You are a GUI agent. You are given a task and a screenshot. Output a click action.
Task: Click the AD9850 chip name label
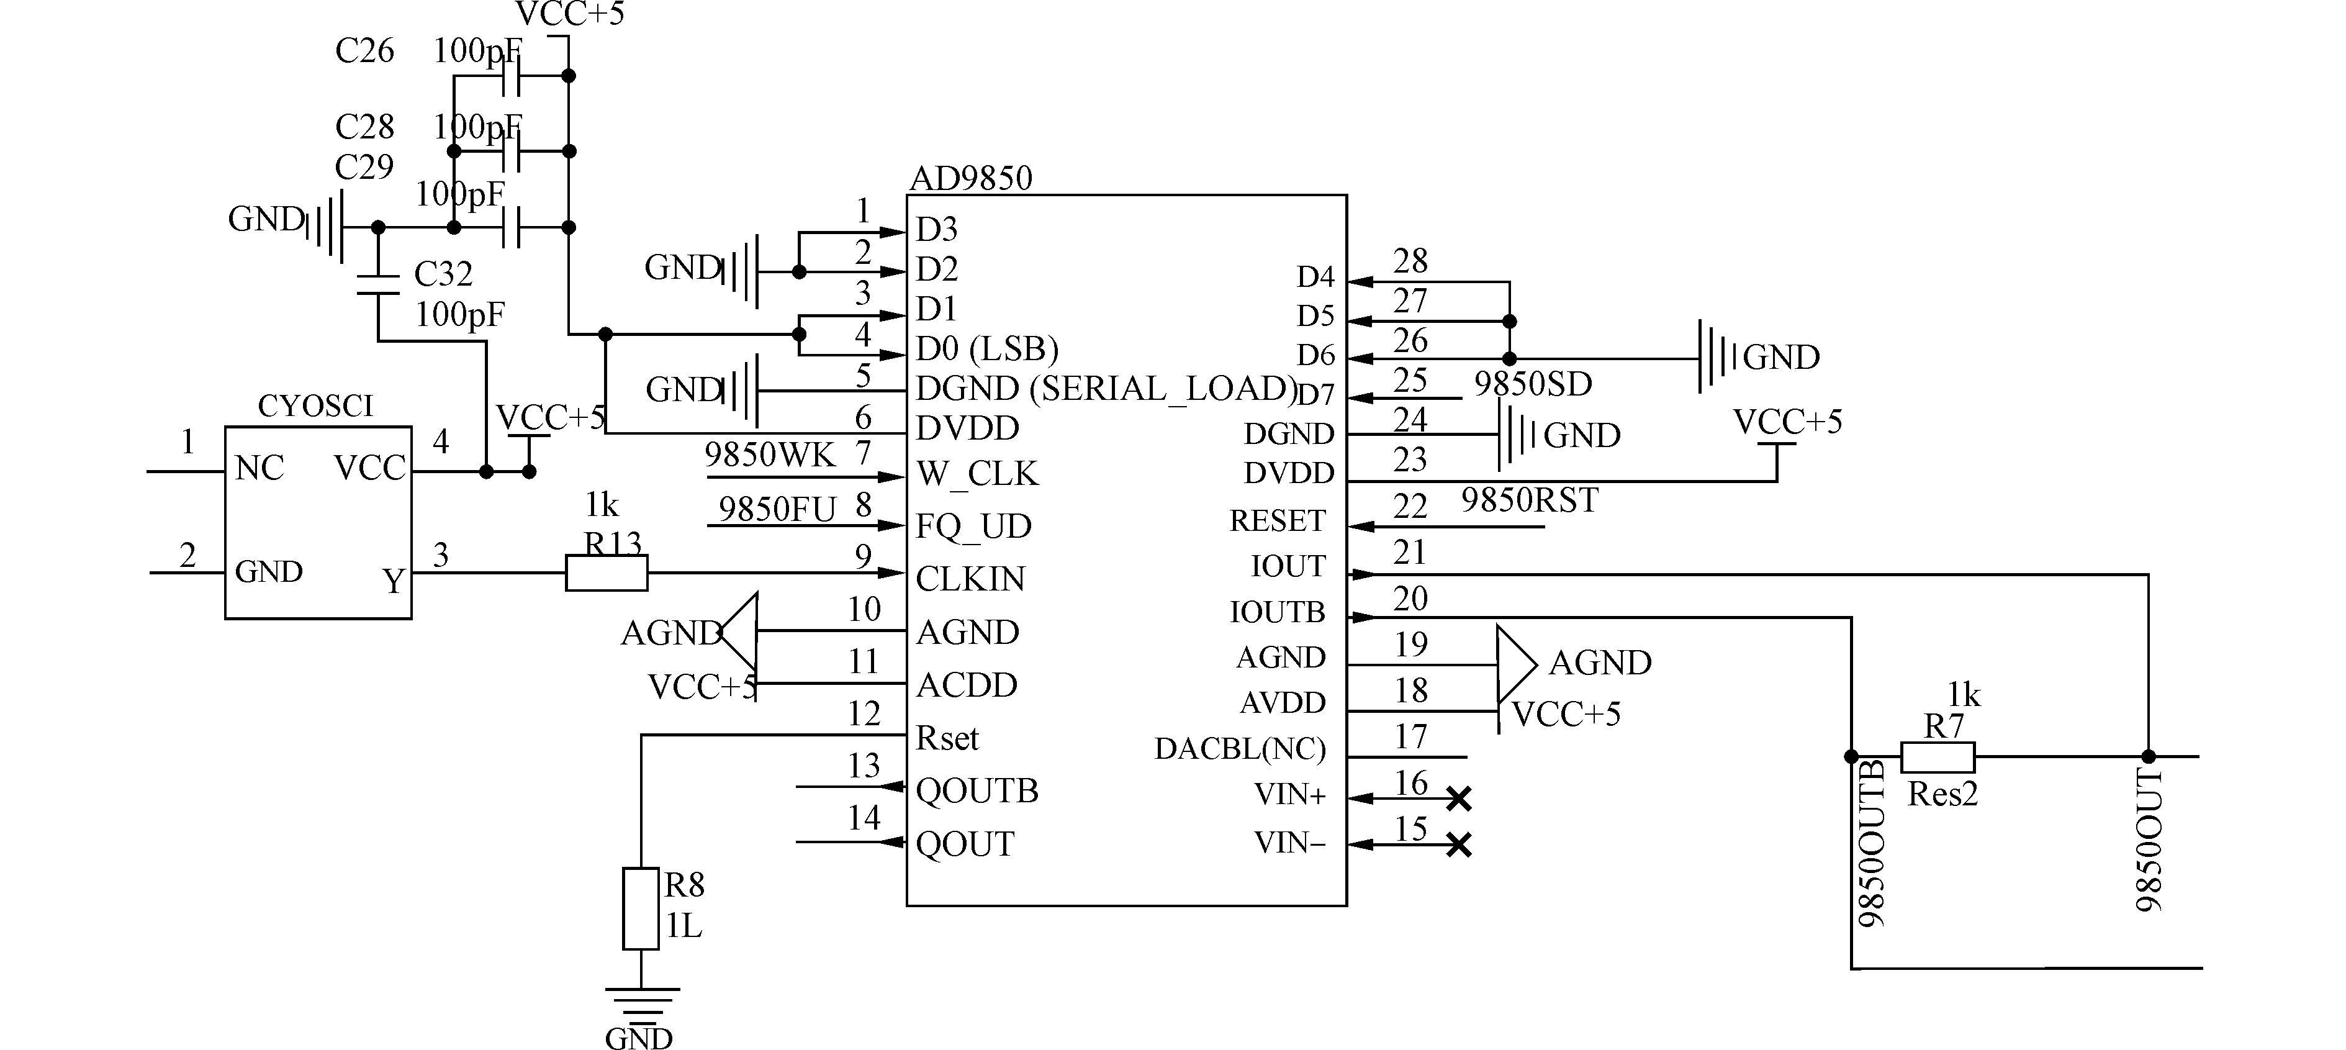click(x=971, y=178)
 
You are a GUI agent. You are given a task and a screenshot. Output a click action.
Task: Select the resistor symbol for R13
click(x=607, y=573)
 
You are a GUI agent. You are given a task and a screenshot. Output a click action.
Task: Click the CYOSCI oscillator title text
click(x=315, y=406)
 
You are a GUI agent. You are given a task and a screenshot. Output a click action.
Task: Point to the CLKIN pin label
click(x=970, y=578)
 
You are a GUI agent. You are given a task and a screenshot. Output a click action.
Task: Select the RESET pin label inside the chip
click(x=1277, y=521)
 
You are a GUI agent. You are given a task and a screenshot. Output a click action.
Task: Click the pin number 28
click(x=1410, y=261)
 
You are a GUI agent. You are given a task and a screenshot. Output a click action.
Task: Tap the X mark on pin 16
click(x=1459, y=800)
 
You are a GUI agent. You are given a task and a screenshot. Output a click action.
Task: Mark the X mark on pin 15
click(x=1459, y=845)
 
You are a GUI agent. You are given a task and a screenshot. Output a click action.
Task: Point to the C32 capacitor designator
click(x=443, y=274)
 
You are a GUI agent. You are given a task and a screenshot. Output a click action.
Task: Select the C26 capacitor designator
click(x=364, y=51)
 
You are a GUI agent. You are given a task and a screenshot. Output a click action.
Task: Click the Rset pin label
click(x=947, y=738)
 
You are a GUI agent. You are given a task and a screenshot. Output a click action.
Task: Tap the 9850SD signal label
click(x=1533, y=384)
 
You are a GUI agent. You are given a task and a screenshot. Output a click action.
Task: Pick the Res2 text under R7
click(x=1942, y=794)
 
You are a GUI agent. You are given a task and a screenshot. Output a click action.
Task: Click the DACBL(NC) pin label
click(x=1240, y=749)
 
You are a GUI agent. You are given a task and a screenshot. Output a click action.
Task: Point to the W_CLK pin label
click(x=977, y=474)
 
